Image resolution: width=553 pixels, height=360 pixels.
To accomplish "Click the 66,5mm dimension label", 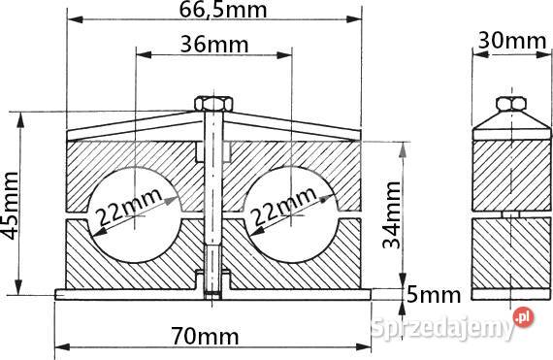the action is pyautogui.click(x=223, y=10).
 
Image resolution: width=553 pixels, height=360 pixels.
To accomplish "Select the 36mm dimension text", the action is pyautogui.click(x=214, y=45).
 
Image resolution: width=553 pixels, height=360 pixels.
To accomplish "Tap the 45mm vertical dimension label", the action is pyautogui.click(x=10, y=206).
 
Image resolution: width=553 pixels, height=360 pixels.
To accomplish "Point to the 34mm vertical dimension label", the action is pyautogui.click(x=392, y=214).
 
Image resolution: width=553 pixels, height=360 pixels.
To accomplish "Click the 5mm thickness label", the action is pyautogui.click(x=434, y=295).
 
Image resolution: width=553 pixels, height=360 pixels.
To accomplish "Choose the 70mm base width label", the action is pyautogui.click(x=205, y=336).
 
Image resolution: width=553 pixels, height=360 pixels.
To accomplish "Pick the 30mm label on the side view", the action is pyautogui.click(x=511, y=40).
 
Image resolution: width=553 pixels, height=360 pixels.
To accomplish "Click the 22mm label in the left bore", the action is pyautogui.click(x=129, y=207).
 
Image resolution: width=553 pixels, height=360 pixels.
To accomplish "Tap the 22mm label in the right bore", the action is pyautogui.click(x=283, y=206).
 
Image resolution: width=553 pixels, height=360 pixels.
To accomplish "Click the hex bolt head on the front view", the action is pyautogui.click(x=213, y=103).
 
